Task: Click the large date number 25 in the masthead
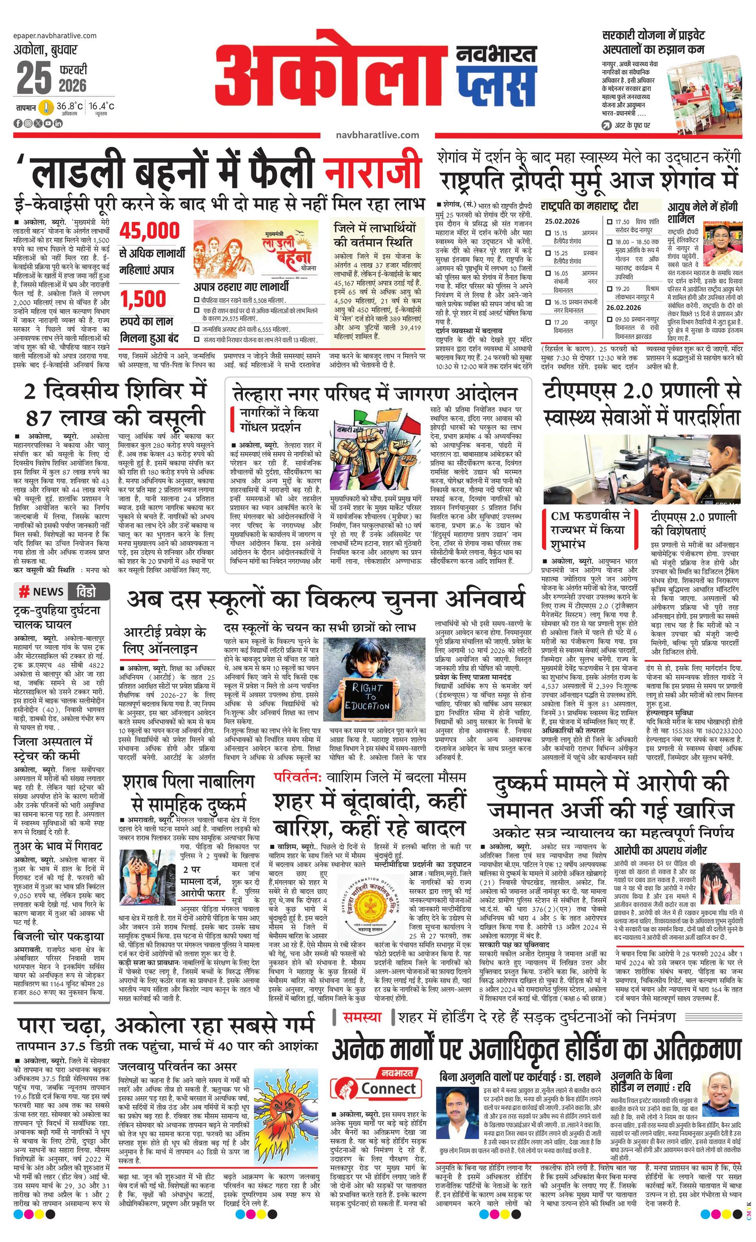click(34, 78)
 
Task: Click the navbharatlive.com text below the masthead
click(377, 135)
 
